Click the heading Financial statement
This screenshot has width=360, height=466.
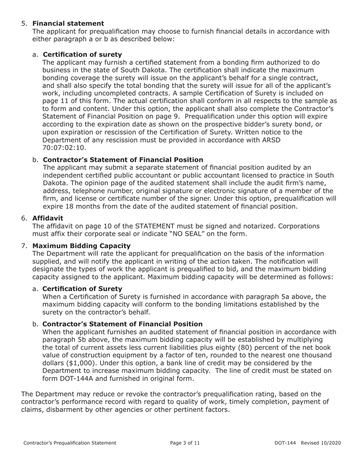68,23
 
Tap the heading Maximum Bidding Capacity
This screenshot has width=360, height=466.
81,246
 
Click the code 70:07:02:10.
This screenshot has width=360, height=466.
64,147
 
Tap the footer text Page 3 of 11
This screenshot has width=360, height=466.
185,443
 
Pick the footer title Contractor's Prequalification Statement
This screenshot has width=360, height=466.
70,443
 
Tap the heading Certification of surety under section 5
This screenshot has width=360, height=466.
82,55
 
